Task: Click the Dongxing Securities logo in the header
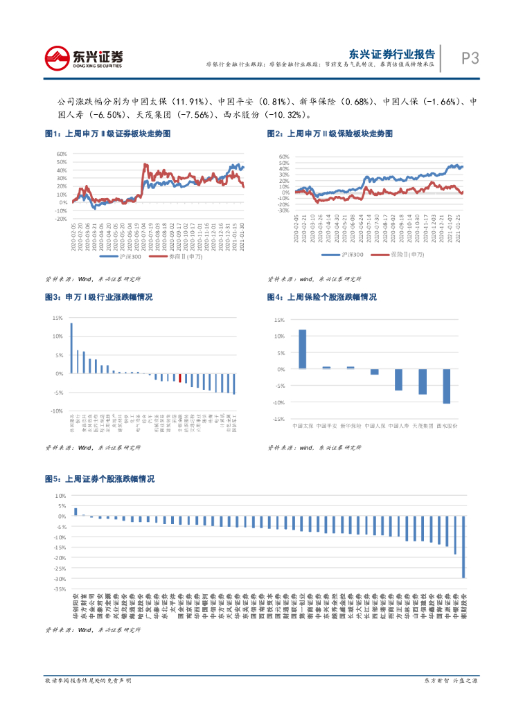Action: tap(83, 57)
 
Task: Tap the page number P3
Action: tap(470, 58)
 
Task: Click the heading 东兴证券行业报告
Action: tap(392, 53)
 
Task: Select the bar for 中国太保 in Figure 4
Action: tap(303, 349)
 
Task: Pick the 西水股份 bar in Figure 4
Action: tap(447, 386)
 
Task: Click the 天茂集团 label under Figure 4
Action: tap(423, 425)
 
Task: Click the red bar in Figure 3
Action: tap(180, 377)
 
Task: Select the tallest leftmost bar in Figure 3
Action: tap(71, 348)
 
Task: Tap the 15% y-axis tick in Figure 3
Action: tap(57, 318)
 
